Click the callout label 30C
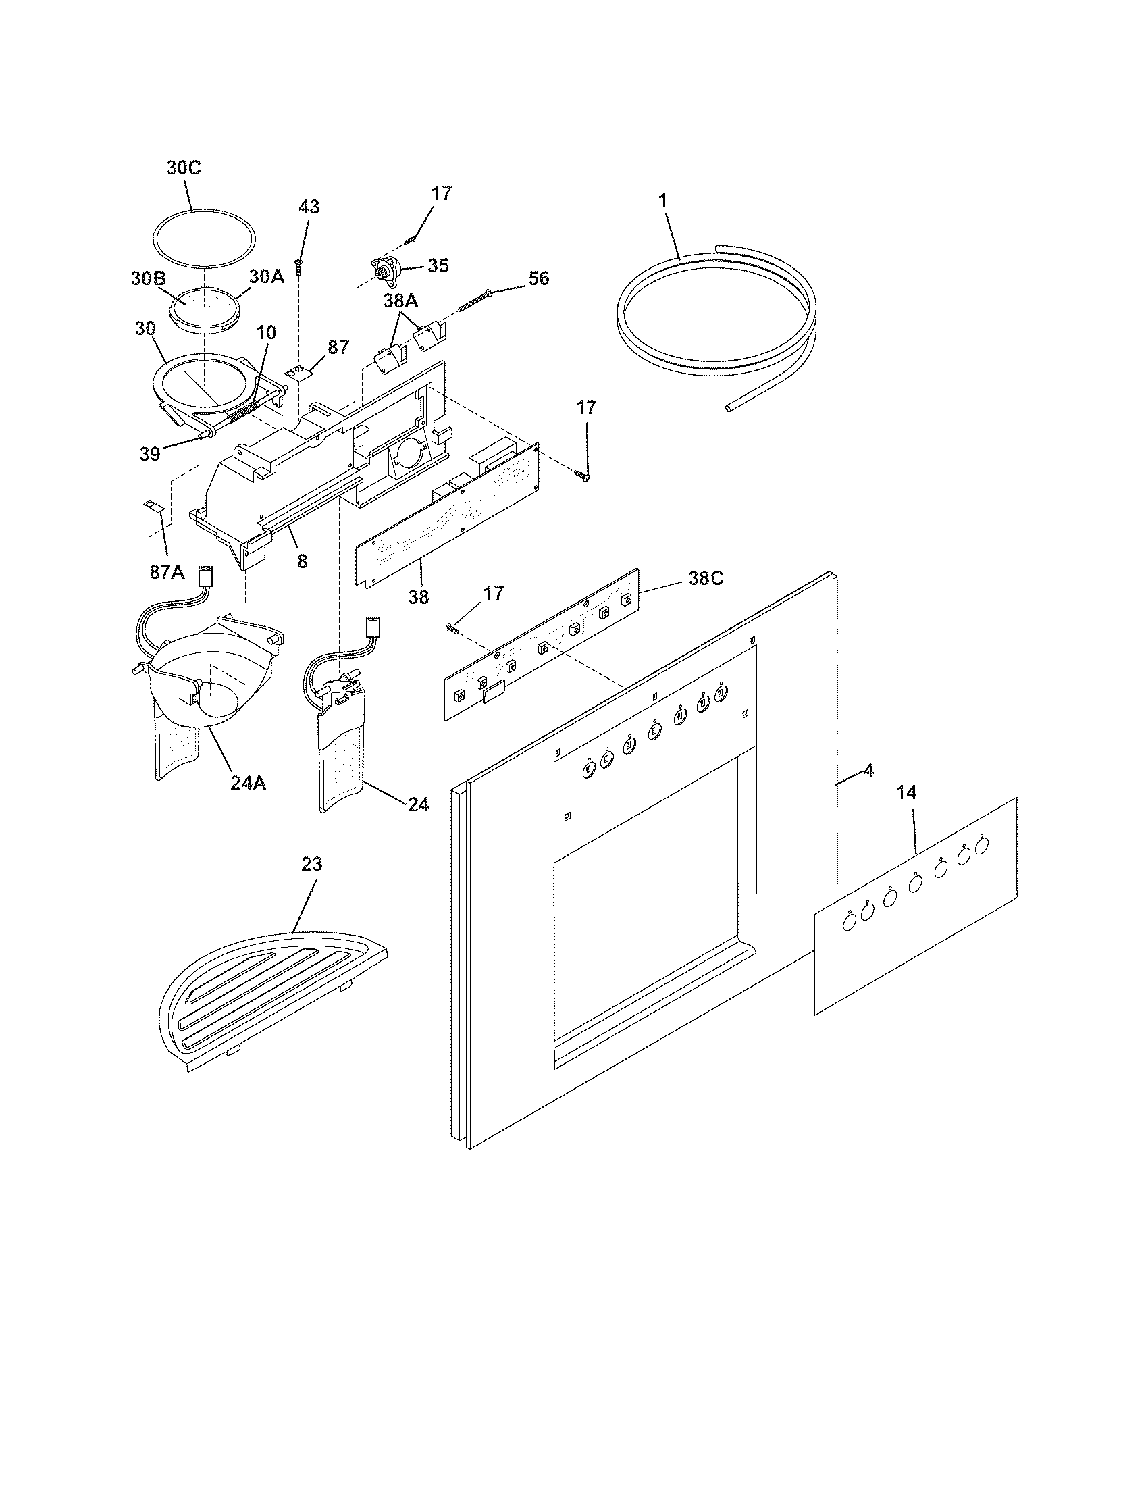pos(184,168)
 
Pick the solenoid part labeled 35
pos(385,271)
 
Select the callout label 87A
pos(167,572)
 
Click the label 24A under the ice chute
pos(248,783)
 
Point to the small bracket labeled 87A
pos(151,505)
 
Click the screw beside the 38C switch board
pos(452,629)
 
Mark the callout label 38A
pos(400,301)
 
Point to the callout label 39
pos(150,454)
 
